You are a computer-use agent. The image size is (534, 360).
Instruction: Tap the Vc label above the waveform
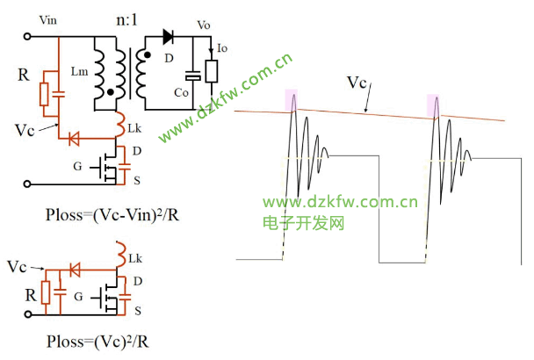357,83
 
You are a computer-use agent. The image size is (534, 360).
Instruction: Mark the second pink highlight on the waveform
434,105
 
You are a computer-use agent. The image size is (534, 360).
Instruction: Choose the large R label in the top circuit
25,76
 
